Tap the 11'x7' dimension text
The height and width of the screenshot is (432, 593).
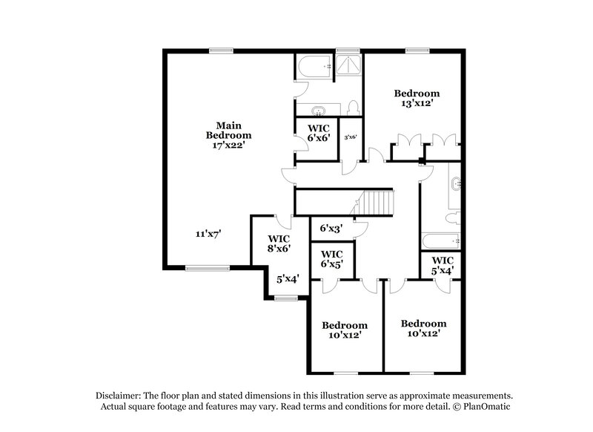pyautogui.click(x=208, y=234)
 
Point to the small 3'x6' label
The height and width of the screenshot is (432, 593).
pyautogui.click(x=351, y=137)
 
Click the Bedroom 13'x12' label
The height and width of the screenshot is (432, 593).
pyautogui.click(x=416, y=99)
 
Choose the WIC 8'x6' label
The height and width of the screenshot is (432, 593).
pyautogui.click(x=279, y=243)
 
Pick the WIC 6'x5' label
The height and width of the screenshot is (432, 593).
pyautogui.click(x=331, y=259)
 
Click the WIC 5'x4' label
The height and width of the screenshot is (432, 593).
pyautogui.click(x=442, y=265)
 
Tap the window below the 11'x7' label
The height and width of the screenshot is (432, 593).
pyautogui.click(x=199, y=269)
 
